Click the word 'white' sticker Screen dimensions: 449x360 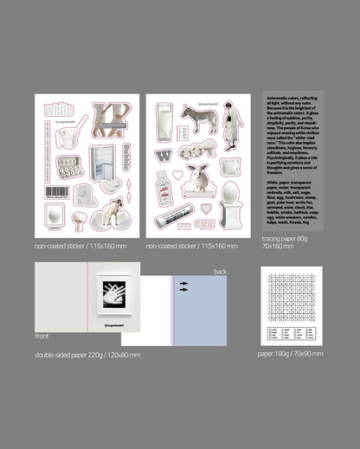(x=59, y=111)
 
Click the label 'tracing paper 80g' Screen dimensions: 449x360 (x=284, y=237)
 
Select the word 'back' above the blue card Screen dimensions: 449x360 (x=220, y=271)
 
